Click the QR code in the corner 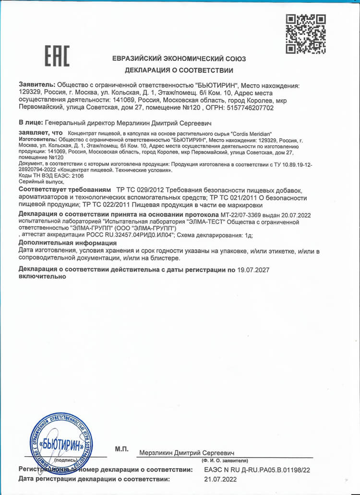[x=306, y=34]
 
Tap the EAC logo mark [x=57, y=56]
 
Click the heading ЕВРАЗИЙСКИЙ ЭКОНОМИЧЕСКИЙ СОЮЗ [x=179, y=59]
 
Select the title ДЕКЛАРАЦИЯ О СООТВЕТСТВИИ [x=179, y=71]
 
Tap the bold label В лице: [x=30, y=123]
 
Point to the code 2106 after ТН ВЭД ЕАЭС [x=77, y=176]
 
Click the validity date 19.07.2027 [x=253, y=270]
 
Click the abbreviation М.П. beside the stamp [x=122, y=449]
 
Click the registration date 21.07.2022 [x=220, y=479]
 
